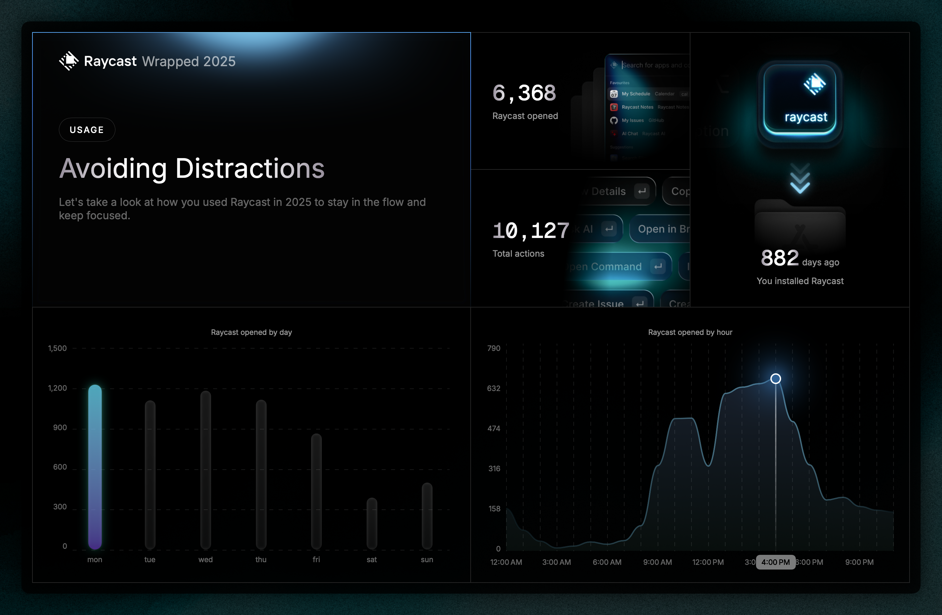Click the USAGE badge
pos(87,130)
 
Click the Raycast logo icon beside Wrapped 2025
pos(69,61)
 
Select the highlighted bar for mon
pos(95,467)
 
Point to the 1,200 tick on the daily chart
pos(58,388)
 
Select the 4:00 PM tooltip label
pos(775,562)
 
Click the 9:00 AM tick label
pos(657,562)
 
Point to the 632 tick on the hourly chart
pos(493,388)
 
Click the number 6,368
pos(524,93)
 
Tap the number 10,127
pos(530,231)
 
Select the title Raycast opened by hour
pos(690,332)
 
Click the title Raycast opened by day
pos(251,332)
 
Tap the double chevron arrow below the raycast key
pos(800,179)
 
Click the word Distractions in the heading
pos(250,168)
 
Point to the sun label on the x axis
pos(427,560)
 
